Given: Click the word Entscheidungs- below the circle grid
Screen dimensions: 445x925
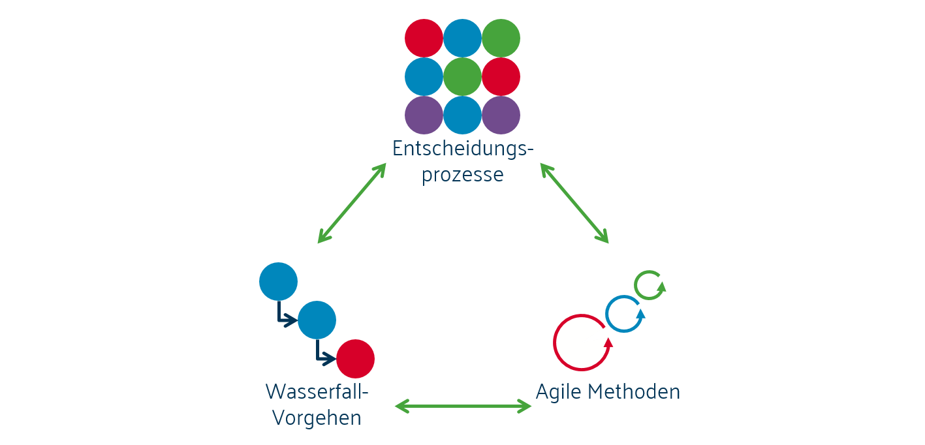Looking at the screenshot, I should pyautogui.click(x=462, y=149).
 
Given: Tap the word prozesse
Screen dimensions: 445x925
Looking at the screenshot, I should pyautogui.click(x=462, y=175).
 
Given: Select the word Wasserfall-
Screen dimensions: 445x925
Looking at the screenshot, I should pyautogui.click(x=317, y=391).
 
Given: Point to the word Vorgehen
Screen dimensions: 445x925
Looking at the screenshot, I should pyautogui.click(x=317, y=417).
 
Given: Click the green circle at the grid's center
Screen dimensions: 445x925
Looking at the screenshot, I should pyautogui.click(x=462, y=77).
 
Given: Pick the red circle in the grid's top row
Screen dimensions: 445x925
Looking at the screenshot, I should pyautogui.click(x=424, y=38).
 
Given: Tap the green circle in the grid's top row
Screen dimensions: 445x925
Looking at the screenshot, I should pyautogui.click(x=501, y=38).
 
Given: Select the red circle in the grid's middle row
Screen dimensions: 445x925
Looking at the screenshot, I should pyautogui.click(x=501, y=77).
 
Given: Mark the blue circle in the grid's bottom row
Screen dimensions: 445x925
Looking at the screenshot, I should pyautogui.click(x=462, y=115).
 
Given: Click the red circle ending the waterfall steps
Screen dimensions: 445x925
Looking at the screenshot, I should pyautogui.click(x=355, y=359).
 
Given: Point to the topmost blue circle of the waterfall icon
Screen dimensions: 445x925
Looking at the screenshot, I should pyautogui.click(x=278, y=282).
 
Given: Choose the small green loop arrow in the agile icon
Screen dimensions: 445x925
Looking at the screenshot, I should pyautogui.click(x=650, y=285).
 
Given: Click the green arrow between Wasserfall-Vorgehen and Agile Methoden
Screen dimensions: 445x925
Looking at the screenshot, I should pyautogui.click(x=463, y=407).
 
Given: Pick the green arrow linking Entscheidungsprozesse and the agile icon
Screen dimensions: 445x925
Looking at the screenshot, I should pyautogui.click(x=574, y=203).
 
